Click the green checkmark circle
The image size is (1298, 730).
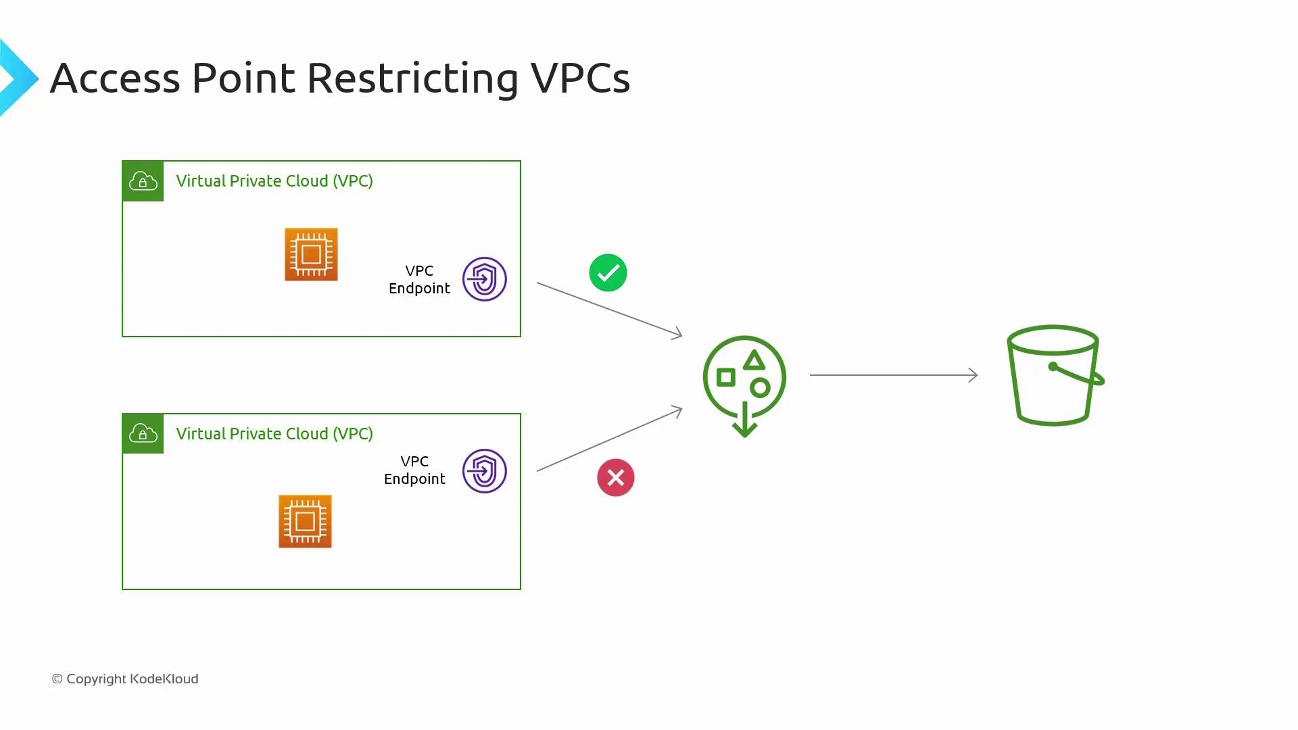click(608, 273)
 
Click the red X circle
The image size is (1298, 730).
click(615, 478)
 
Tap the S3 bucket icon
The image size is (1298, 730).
click(1053, 376)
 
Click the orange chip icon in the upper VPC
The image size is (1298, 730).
click(311, 254)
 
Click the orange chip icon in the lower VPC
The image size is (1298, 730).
click(305, 521)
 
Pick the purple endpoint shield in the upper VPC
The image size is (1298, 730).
click(484, 279)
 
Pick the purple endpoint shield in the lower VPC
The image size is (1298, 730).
click(484, 471)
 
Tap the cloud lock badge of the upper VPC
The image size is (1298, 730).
click(143, 181)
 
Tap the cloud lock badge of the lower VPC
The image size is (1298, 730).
click(143, 433)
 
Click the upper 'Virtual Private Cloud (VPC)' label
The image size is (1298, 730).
click(274, 181)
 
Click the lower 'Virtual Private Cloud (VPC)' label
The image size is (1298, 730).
click(274, 434)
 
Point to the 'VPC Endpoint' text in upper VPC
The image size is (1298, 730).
click(419, 279)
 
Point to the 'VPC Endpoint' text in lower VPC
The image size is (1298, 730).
click(414, 470)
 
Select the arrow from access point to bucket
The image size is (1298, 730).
click(893, 374)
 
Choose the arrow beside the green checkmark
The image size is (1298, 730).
click(608, 309)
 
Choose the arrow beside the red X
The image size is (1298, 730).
click(608, 440)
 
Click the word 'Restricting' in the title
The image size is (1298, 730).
click(412, 78)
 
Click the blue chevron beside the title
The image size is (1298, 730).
click(18, 78)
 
